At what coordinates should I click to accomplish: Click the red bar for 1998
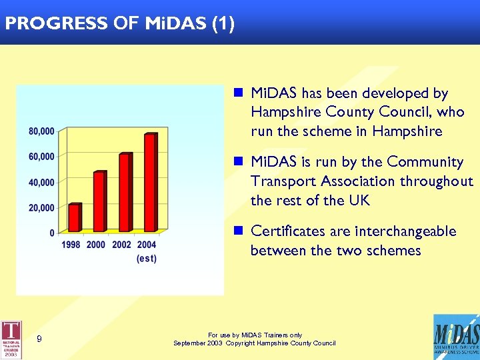[x=75, y=217]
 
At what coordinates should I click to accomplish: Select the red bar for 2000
[x=99, y=201]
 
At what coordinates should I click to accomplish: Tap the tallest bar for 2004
[x=150, y=183]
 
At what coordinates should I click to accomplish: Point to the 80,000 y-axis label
[x=41, y=131]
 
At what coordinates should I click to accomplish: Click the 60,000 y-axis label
[x=41, y=157]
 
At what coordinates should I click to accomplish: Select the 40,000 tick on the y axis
[x=41, y=182]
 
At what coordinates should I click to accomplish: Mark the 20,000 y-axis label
[x=41, y=208]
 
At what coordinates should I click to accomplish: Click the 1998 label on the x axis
[x=71, y=245]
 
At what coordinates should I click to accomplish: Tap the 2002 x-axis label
[x=121, y=245]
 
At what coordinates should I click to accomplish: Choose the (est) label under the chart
[x=147, y=259]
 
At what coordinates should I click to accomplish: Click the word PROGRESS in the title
[x=55, y=24]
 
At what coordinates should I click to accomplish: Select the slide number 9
[x=39, y=339]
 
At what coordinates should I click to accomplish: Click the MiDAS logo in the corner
[x=455, y=337]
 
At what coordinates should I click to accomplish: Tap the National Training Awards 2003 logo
[x=11, y=339]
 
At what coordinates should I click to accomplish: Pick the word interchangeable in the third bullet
[x=406, y=231]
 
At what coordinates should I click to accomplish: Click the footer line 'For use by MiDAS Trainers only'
[x=255, y=335]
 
